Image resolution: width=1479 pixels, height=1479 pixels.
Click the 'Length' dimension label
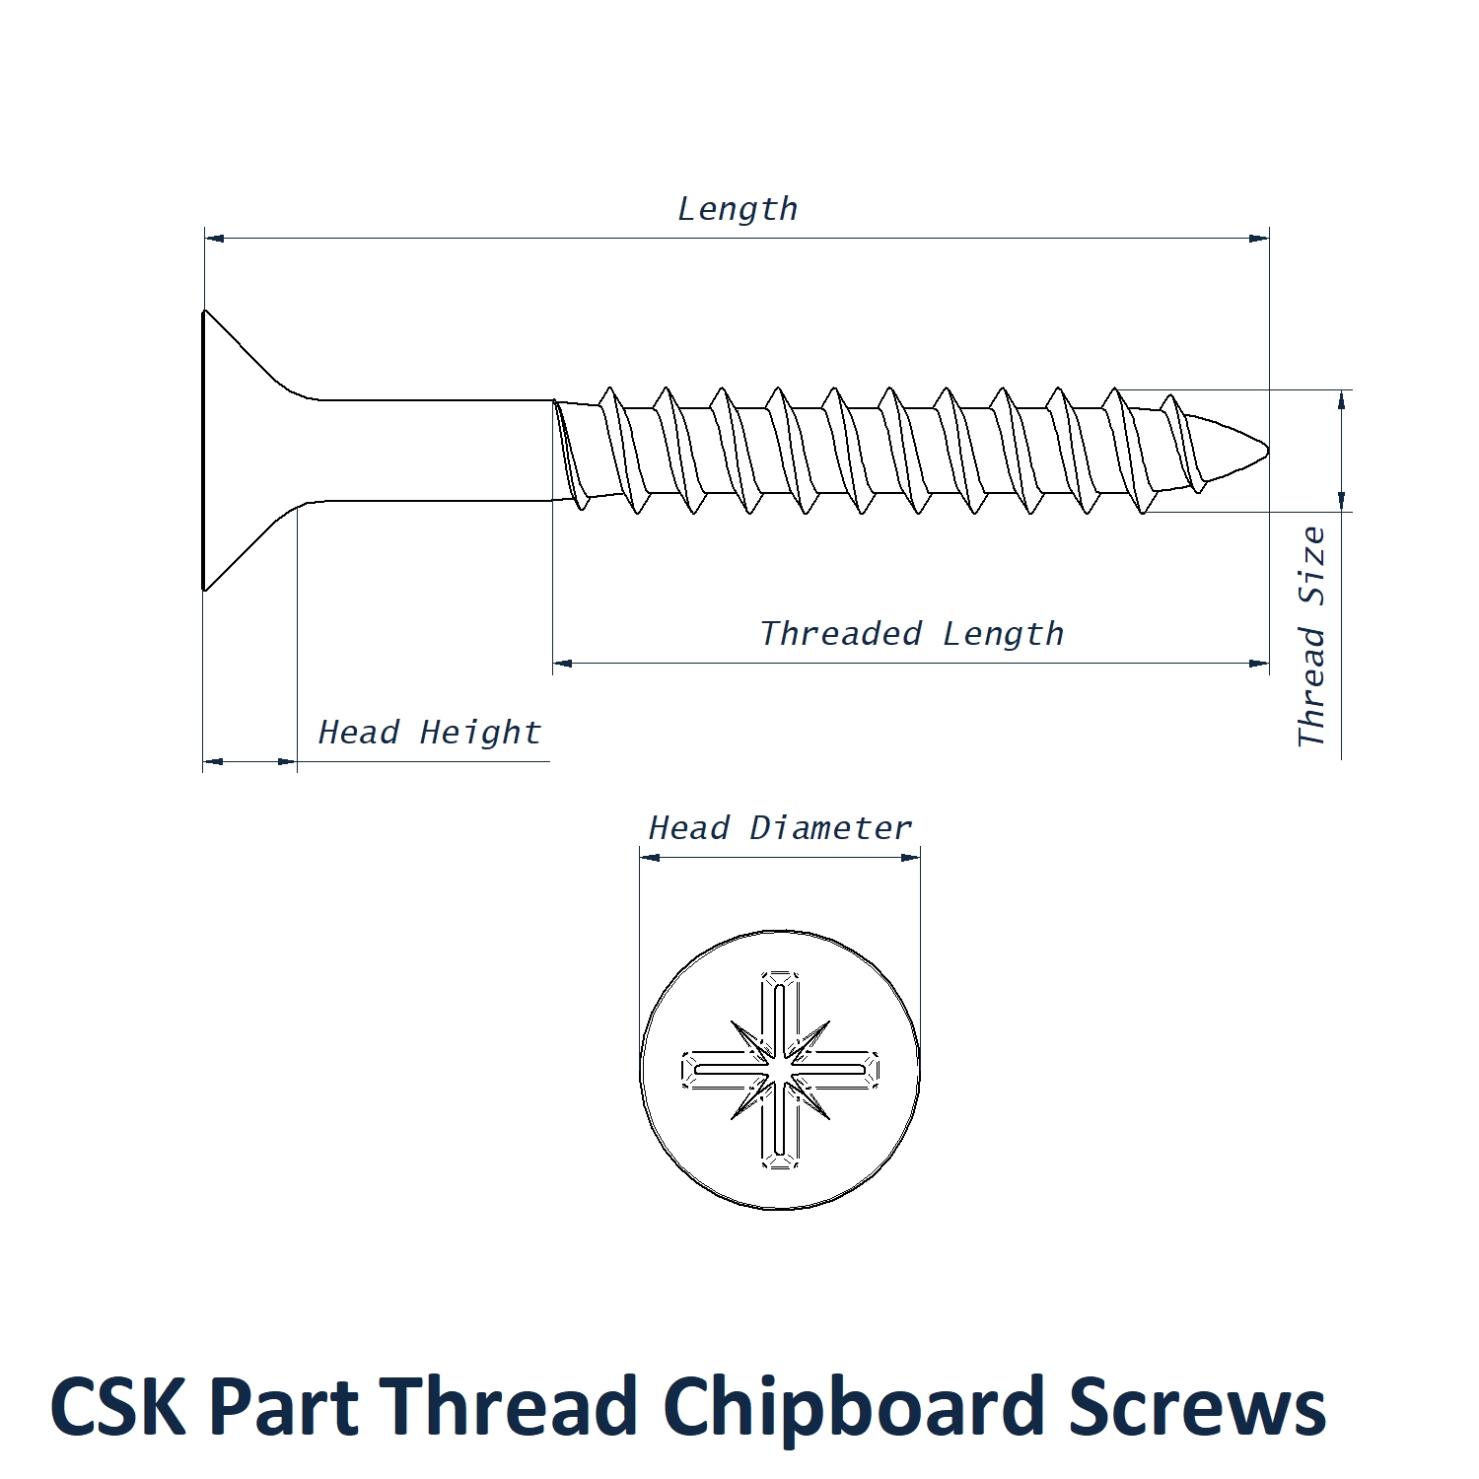point(738,210)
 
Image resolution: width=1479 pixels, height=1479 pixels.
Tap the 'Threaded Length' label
point(912,634)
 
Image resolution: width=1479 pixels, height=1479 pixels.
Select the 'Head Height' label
point(430,733)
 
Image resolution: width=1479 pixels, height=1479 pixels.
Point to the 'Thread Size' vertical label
point(1311,637)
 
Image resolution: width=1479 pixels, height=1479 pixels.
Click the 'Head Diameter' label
point(780,828)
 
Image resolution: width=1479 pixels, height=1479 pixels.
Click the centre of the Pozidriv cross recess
point(780,1070)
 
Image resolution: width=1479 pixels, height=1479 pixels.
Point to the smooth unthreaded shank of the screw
point(434,451)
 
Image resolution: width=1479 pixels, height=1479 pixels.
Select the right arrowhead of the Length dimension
point(1259,239)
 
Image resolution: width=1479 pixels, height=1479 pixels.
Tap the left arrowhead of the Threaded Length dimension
point(563,664)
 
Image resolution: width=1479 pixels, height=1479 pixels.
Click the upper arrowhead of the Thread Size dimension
point(1341,399)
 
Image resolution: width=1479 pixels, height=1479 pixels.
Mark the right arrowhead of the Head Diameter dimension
point(911,858)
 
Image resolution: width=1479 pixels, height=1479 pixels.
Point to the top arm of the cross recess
point(780,1011)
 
